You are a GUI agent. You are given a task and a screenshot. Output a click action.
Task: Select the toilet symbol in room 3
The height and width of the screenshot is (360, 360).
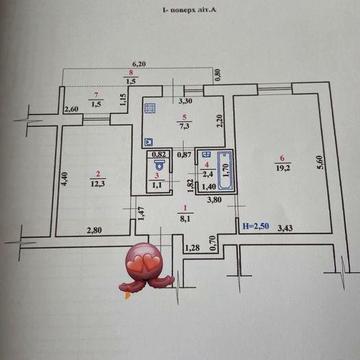tap(158, 168)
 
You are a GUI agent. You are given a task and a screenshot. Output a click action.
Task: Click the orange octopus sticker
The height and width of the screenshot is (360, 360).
tap(143, 265)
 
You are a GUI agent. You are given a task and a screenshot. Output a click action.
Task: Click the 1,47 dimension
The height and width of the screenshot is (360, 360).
tap(143, 211)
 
